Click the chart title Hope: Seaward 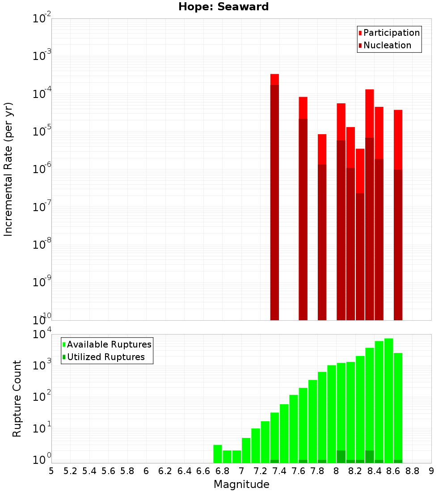(223, 7)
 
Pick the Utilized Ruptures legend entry (105, 357)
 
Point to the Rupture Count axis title (17, 399)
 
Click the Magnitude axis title (241, 484)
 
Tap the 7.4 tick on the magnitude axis (279, 471)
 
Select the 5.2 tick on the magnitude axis (71, 471)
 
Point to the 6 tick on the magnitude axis (146, 471)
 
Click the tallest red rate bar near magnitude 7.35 (274, 197)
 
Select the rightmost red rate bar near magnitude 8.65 (398, 215)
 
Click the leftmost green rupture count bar (218, 454)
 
